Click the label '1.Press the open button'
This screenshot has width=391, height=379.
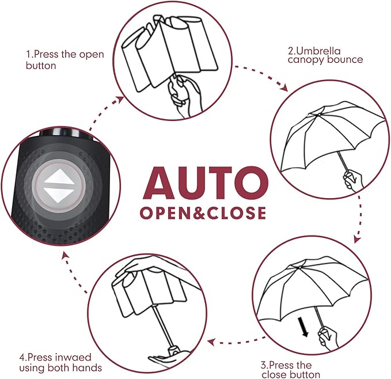(x=64, y=60)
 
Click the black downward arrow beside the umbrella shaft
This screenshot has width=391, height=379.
(x=304, y=327)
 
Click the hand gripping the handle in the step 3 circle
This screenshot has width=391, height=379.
(x=328, y=339)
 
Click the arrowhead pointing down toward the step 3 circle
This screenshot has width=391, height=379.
(x=358, y=237)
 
